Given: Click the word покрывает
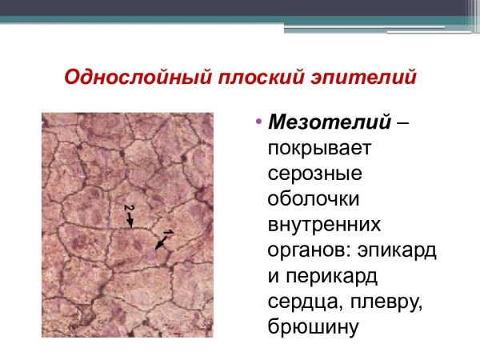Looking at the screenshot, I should click(x=318, y=148).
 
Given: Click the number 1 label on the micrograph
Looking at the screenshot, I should click(x=168, y=233).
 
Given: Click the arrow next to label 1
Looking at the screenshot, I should click(x=162, y=243).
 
